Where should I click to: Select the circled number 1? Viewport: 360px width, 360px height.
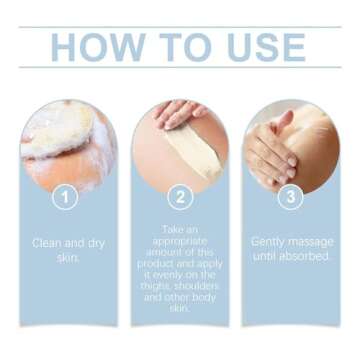click(x=65, y=198)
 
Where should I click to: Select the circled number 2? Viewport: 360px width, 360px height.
click(x=180, y=198)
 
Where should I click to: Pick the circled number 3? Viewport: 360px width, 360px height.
click(x=291, y=198)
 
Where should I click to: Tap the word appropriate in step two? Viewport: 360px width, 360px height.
click(x=180, y=241)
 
